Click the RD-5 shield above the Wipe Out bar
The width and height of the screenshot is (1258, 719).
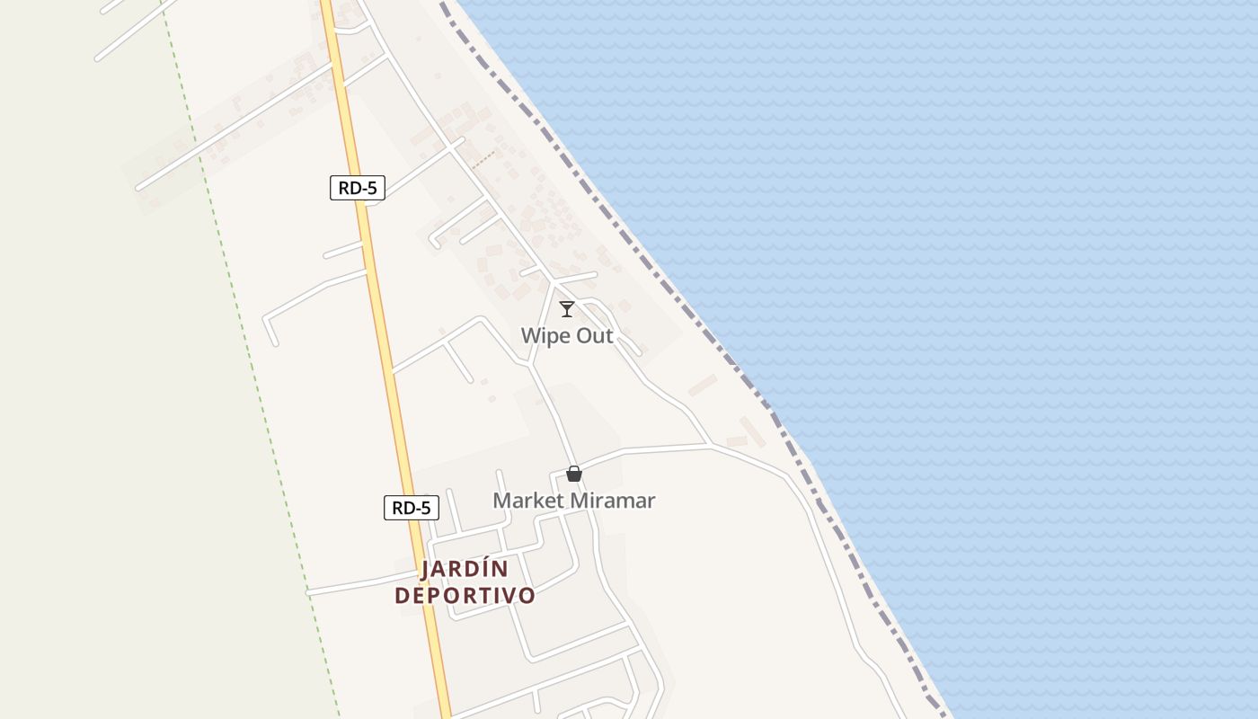(x=357, y=188)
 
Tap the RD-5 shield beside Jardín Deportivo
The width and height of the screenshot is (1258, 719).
(x=412, y=508)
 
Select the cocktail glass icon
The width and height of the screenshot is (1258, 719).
(x=567, y=309)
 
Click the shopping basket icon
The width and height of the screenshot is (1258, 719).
(x=574, y=474)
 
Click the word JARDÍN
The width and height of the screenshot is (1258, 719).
(x=465, y=569)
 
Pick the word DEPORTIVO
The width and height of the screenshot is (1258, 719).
(x=465, y=595)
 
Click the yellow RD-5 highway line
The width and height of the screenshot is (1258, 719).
(x=382, y=315)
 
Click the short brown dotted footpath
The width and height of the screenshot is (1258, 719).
(x=483, y=159)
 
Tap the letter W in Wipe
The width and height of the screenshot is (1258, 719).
(x=530, y=336)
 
